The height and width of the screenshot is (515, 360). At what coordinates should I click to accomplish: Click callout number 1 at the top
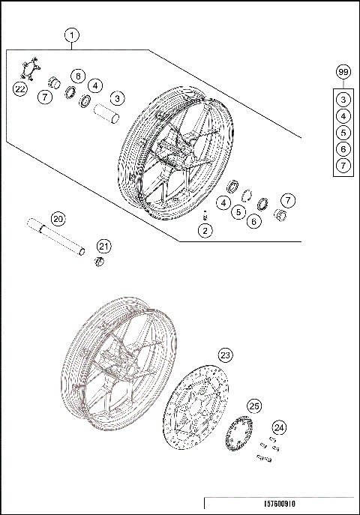click(x=72, y=35)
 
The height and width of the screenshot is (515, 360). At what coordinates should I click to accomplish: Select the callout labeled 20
click(x=58, y=219)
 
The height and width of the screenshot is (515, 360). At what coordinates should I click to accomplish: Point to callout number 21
click(x=103, y=246)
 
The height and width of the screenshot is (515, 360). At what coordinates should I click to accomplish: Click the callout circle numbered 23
click(x=225, y=355)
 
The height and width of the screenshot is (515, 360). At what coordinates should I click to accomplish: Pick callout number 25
click(x=254, y=406)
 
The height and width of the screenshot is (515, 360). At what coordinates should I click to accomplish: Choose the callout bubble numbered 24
click(x=279, y=427)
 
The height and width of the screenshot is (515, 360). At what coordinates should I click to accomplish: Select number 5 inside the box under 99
click(x=343, y=133)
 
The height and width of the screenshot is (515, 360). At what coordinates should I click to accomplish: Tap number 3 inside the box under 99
click(x=343, y=99)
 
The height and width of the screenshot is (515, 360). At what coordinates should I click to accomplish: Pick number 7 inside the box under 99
click(x=343, y=165)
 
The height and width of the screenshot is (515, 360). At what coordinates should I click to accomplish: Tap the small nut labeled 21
click(x=96, y=260)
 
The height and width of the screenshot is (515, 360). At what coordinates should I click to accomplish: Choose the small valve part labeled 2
click(x=204, y=215)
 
